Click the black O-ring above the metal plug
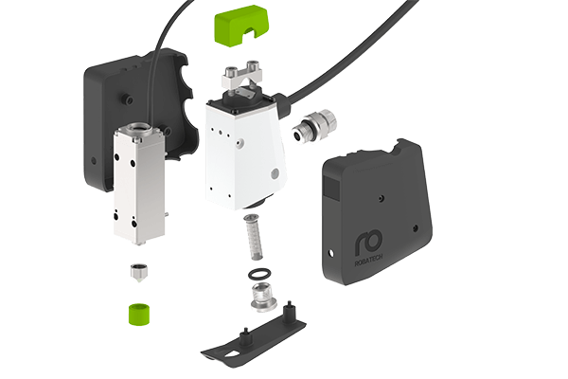pyautogui.click(x=257, y=276)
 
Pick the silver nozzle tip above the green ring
pyautogui.click(x=140, y=275)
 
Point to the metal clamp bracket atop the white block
pyautogui.click(x=245, y=77)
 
